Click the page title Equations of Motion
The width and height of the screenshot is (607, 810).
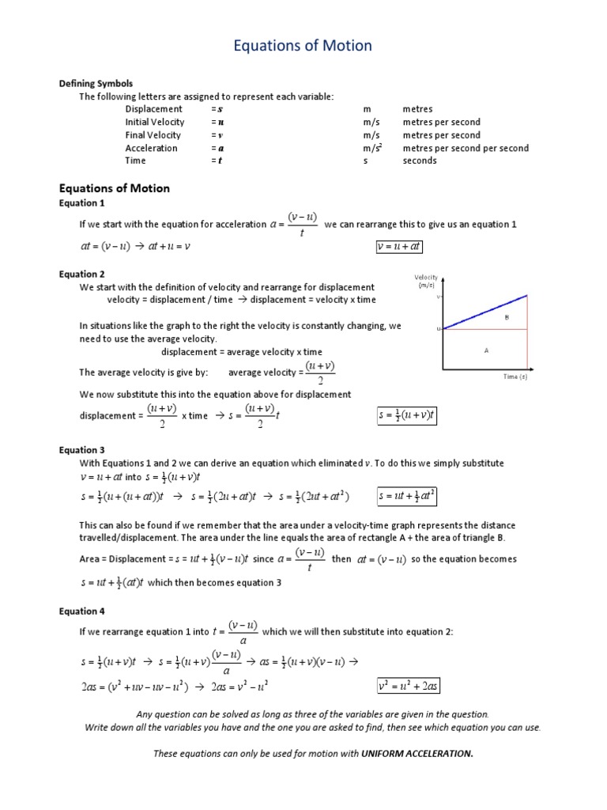tap(303, 47)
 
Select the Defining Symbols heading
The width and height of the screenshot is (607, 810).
tap(96, 83)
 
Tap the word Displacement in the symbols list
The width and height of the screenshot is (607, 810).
tap(153, 109)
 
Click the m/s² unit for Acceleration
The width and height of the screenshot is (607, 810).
tap(372, 148)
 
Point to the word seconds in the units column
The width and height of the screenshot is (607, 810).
tap(419, 161)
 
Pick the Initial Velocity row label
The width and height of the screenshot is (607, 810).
tap(154, 122)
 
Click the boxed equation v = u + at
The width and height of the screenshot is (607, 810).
tap(398, 247)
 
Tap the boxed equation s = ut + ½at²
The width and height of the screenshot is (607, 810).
tap(407, 497)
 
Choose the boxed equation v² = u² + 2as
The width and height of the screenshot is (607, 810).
tap(409, 686)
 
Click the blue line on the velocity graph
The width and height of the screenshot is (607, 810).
tap(485, 312)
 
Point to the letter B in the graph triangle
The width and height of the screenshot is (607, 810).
tap(507, 316)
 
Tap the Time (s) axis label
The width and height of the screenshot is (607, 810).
tap(515, 377)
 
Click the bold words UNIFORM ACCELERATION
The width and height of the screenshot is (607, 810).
tap(417, 753)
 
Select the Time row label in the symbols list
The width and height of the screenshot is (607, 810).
tap(136, 161)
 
